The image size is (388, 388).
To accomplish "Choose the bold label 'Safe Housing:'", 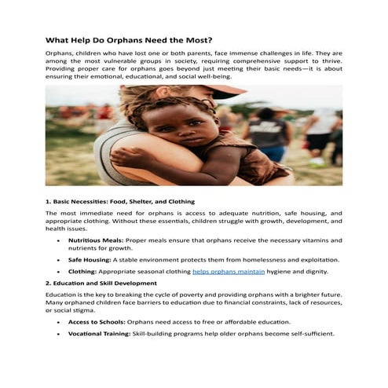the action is pos(90,259).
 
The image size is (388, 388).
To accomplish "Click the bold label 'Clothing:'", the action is pos(82,271).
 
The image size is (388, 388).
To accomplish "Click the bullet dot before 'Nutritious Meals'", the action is pos(59,240).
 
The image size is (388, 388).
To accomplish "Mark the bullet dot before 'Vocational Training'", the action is pos(59,334).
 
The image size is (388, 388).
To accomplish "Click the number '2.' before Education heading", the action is pos(49,282).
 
